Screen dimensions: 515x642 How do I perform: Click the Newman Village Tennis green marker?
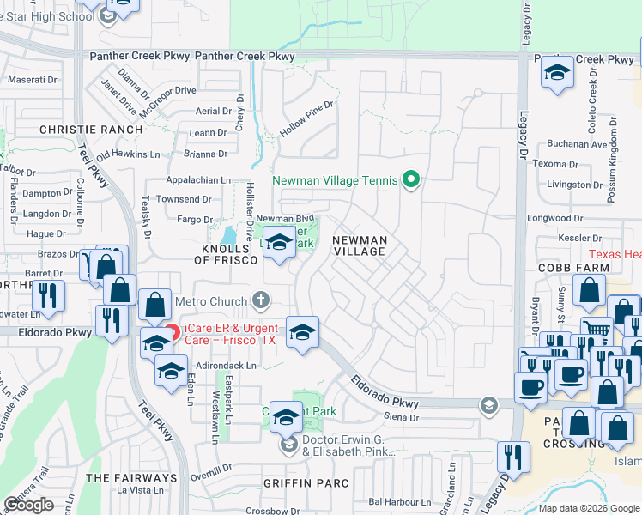411,179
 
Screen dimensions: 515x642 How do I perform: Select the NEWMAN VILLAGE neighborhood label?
360,246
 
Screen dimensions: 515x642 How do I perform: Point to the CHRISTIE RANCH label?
91,130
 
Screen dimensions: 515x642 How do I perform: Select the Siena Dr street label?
403,418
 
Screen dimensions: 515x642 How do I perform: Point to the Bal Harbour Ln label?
398,500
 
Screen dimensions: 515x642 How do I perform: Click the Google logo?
29,505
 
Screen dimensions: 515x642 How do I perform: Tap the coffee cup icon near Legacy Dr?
530,386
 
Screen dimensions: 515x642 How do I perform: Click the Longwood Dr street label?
554,218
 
